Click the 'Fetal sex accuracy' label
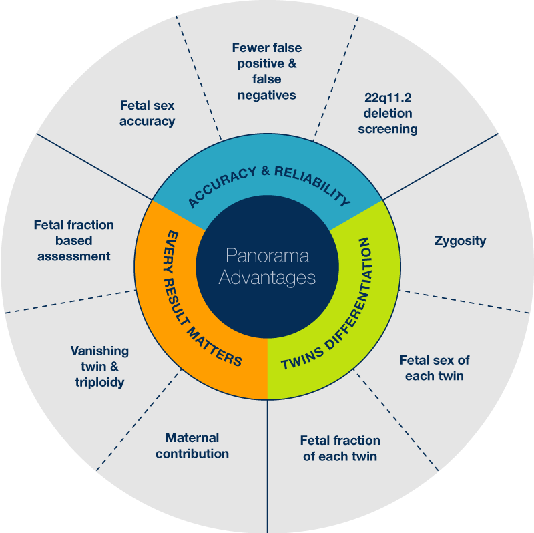point(148,113)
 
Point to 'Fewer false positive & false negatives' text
point(267,71)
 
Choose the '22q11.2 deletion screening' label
point(388,112)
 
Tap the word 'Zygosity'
point(460,240)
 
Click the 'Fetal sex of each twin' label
point(435,367)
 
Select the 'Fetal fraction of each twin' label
point(340,448)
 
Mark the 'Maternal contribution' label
point(192,446)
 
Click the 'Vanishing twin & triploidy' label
point(100,366)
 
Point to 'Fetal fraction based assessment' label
point(74,240)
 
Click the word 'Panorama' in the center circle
point(267,256)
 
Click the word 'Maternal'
point(192,438)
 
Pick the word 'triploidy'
point(100,382)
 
